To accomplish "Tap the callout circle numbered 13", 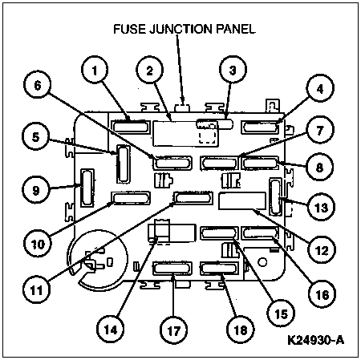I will [321, 208].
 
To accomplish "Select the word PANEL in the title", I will [233, 30].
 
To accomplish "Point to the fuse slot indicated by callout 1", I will [130, 125].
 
